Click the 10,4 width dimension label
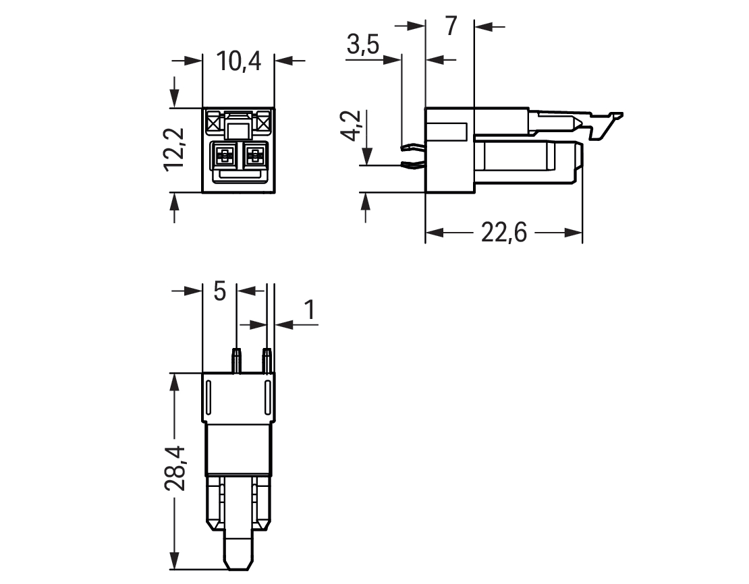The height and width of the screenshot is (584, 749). pos(239,61)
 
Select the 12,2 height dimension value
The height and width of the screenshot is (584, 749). pos(174,148)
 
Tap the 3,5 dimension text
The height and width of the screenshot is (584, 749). pos(363,45)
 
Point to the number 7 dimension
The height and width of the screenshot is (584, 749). pos(451,26)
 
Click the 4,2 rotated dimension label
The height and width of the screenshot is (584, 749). pos(352,125)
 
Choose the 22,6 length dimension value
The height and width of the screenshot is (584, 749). pos(503,233)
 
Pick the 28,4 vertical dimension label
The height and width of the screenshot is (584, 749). pos(175,468)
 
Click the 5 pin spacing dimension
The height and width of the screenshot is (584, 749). pos(219,291)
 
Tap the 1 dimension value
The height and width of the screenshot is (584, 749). pos(310,310)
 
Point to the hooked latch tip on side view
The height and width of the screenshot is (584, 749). pos(617,115)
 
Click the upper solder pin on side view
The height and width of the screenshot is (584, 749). pos(414,147)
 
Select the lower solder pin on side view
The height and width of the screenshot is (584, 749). pos(414,165)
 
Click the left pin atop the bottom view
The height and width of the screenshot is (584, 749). pos(236,361)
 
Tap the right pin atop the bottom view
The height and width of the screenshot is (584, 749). pos(267,361)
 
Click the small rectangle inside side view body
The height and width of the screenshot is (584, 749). pos(447,132)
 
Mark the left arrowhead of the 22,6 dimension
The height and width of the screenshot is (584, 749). pos(434,233)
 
